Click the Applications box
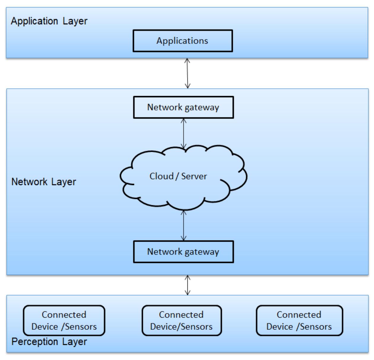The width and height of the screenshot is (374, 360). pos(182,41)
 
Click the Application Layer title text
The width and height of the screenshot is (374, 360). pos(49,21)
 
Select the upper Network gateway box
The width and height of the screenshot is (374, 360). pos(183,107)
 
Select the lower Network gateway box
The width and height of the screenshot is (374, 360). pos(183,251)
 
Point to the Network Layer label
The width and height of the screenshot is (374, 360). pos(44,181)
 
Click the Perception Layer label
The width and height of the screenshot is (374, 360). pos(49,342)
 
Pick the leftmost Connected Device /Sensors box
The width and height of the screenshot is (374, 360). pos(64,321)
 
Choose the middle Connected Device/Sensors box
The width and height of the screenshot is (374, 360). pos(182,321)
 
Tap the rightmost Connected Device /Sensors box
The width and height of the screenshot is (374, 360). pos(299,321)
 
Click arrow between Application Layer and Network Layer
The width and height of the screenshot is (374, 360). pos(187,73)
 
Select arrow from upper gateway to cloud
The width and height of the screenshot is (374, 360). pos(184,133)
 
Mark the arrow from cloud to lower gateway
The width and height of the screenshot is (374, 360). pos(184,225)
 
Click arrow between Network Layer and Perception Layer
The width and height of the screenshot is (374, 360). pos(187,285)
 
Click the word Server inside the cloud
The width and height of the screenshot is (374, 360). pos(194,176)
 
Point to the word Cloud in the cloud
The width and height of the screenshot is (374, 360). pos(161,176)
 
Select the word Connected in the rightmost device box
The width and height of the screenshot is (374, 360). pos(299,315)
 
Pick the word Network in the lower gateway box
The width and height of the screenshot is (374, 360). pos(165,251)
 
